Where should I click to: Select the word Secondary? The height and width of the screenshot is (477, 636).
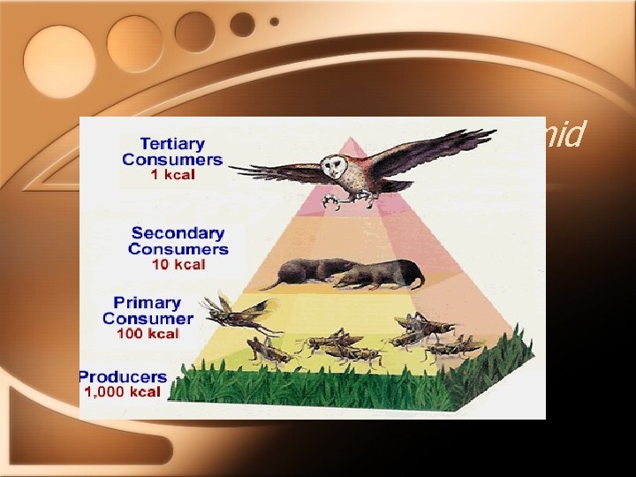click(x=178, y=233)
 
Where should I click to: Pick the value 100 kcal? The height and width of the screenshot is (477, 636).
click(x=148, y=334)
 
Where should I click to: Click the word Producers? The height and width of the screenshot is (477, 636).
click(x=122, y=377)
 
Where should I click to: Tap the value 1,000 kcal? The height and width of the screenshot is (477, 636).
click(x=122, y=392)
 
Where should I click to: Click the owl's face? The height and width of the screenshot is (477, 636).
click(x=358, y=165)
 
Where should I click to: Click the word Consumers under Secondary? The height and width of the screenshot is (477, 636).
click(x=178, y=248)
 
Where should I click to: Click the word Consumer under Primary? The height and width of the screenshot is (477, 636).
click(x=148, y=318)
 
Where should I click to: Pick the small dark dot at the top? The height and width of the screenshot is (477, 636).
click(x=274, y=21)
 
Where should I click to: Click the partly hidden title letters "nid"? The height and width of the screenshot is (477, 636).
click(x=564, y=135)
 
